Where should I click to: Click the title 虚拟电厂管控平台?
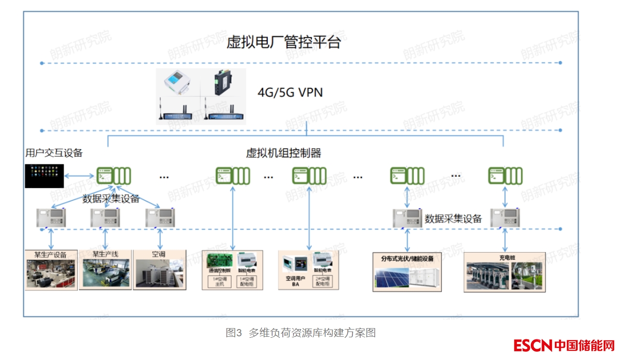[284, 42]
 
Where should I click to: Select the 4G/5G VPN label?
[290, 92]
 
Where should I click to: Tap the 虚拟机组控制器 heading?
[283, 154]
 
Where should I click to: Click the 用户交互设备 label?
[54, 153]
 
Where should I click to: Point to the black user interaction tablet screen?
[44, 176]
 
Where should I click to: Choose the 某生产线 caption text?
[105, 254]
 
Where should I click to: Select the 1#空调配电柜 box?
[247, 282]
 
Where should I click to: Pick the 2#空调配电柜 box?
[322, 282]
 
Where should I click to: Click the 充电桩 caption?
[506, 258]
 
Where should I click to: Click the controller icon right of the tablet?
[114, 175]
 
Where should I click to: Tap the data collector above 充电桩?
[505, 218]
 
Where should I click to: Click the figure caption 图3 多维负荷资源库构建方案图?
[301, 333]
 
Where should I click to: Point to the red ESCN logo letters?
[533, 346]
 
